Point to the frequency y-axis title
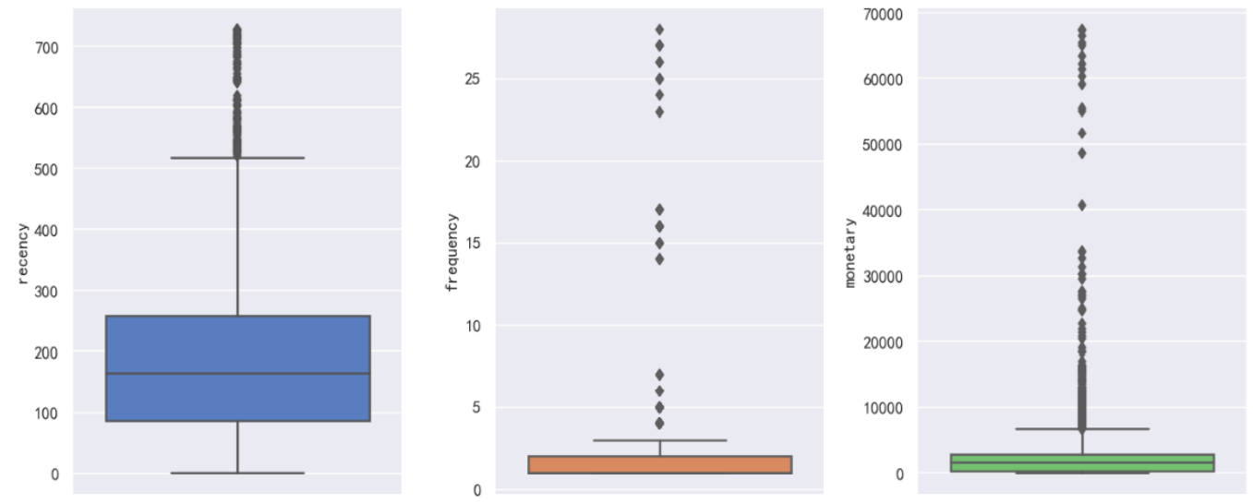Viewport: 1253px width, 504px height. pos(452,252)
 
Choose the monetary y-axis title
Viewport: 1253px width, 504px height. pos(849,252)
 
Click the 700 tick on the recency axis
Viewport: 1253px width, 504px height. pos(48,47)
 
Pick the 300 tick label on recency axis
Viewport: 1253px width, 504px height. pos(48,292)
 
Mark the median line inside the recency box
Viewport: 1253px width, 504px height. pos(237,374)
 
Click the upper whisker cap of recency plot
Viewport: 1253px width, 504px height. pos(237,158)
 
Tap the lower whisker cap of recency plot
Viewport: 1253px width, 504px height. pos(237,473)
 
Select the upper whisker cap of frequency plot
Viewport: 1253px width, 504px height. pos(659,440)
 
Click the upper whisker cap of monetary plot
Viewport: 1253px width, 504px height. pos(1081,428)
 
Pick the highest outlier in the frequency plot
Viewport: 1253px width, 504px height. pos(659,30)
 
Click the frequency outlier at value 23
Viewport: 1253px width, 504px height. pos(659,112)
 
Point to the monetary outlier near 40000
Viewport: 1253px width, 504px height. pos(1081,205)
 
